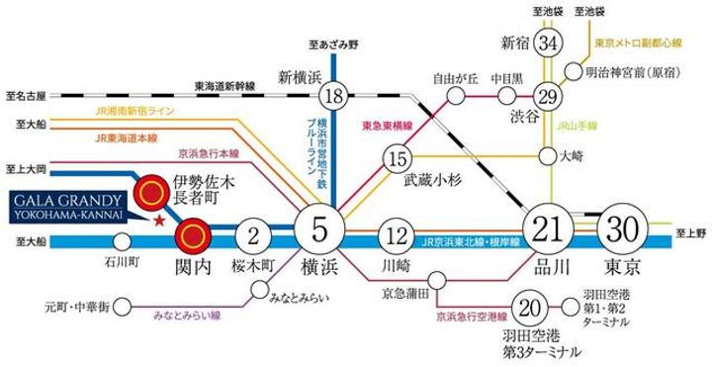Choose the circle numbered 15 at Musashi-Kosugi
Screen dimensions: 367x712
coord(398,159)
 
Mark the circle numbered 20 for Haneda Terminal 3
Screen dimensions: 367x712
coord(534,308)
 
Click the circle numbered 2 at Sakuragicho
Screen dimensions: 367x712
coord(254,238)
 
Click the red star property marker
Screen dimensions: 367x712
coord(158,219)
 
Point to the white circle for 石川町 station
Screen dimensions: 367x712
coord(122,239)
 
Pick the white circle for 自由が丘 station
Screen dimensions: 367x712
coord(455,96)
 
